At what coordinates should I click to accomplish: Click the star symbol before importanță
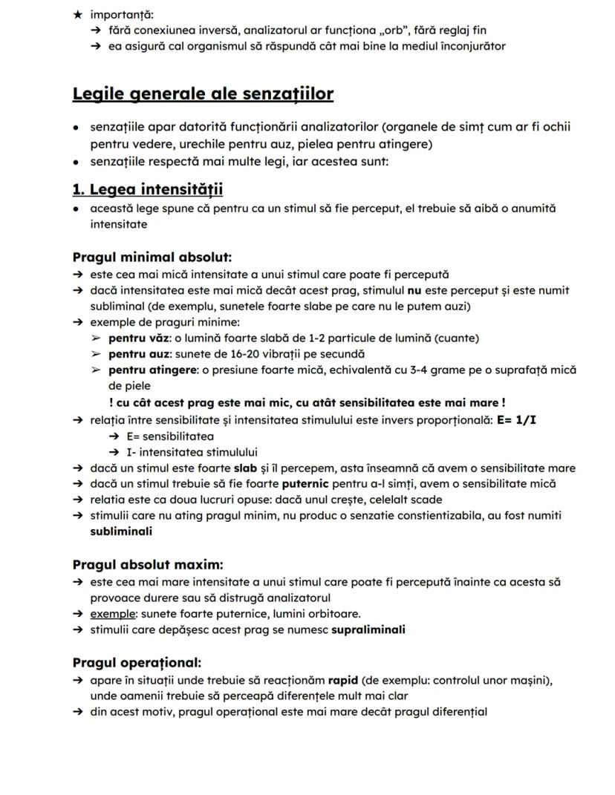[x=77, y=15]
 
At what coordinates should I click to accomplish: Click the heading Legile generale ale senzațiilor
[x=203, y=94]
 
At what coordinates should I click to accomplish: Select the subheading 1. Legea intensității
[x=148, y=189]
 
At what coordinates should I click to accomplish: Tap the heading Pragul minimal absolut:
[x=152, y=258]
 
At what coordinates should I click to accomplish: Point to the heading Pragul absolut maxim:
[x=148, y=564]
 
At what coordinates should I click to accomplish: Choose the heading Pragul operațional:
[x=137, y=662]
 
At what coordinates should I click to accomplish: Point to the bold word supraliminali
[x=368, y=630]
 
